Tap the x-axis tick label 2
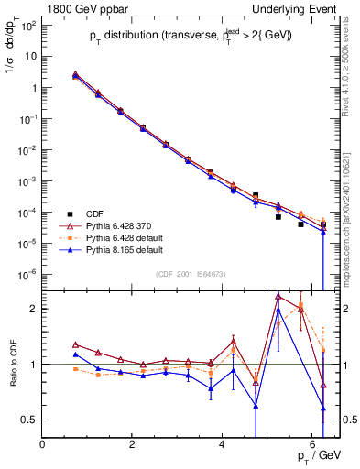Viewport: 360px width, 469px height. pos(133,444)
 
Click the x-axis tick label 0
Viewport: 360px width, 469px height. pos(43,444)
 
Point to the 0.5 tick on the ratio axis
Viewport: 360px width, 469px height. pos(30,420)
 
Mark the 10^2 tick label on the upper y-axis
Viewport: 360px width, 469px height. pos(27,25)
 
